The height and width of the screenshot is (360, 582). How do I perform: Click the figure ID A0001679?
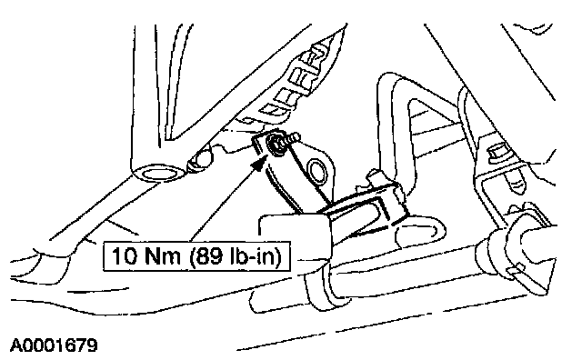(55, 345)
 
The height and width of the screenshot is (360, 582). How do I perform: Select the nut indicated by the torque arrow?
(275, 144)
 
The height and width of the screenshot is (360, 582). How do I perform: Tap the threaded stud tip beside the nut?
(295, 137)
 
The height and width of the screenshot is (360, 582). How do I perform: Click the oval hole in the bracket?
(317, 171)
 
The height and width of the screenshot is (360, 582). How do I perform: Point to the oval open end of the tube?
(158, 173)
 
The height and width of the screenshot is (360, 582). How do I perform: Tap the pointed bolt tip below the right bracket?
(516, 184)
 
